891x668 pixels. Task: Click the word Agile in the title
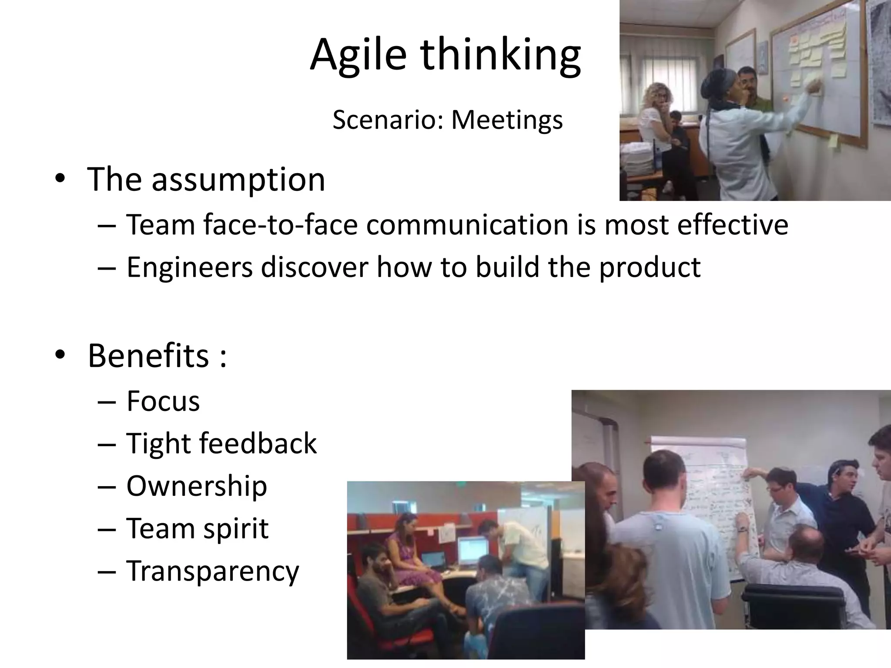pyautogui.click(x=358, y=56)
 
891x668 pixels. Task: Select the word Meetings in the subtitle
pyautogui.click(x=507, y=120)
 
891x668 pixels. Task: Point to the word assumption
pyautogui.click(x=238, y=180)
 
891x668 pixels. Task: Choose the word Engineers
pyautogui.click(x=190, y=267)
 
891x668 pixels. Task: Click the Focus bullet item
pyautogui.click(x=163, y=401)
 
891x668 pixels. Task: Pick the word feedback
pyautogui.click(x=258, y=444)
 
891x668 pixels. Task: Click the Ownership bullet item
pyautogui.click(x=197, y=486)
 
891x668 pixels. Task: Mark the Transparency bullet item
pyautogui.click(x=213, y=571)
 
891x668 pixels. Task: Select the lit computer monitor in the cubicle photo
pyautogui.click(x=473, y=550)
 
